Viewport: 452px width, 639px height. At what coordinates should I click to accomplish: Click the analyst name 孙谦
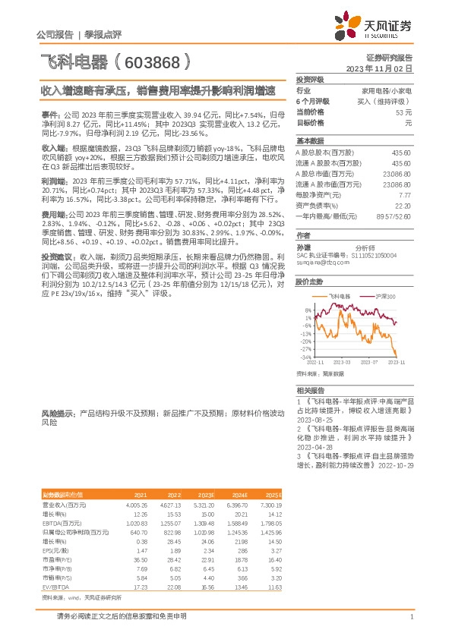pos(304,247)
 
